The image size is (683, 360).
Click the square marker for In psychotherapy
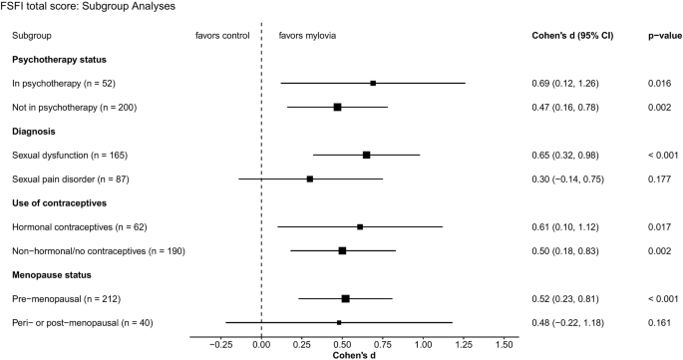(373, 83)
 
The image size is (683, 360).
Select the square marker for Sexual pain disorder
(310, 179)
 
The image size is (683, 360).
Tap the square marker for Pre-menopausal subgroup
(345, 298)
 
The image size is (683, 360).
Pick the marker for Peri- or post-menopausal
(339, 322)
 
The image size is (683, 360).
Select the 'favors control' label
(223, 35)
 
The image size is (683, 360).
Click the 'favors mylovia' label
(307, 35)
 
